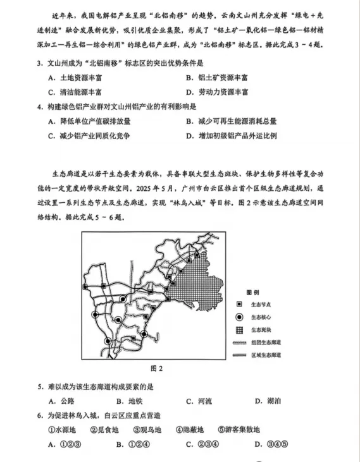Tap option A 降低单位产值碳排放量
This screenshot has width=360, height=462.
(89, 121)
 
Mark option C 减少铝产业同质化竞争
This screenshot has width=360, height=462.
(89, 136)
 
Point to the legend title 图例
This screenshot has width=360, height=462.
(252, 292)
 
